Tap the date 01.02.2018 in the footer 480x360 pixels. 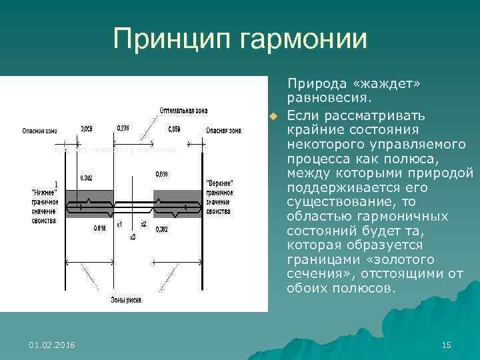tap(52, 344)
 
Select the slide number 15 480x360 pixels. tap(447, 344)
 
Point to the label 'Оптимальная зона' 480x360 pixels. tap(182, 110)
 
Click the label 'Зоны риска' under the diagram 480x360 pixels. tap(126, 300)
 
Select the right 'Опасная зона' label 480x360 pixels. tap(223, 130)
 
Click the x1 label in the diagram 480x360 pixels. tap(120, 224)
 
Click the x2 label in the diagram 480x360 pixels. tap(143, 224)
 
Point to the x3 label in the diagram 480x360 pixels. tap(133, 237)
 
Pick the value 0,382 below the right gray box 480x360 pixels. tap(162, 229)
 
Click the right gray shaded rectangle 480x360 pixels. tap(177, 203)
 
